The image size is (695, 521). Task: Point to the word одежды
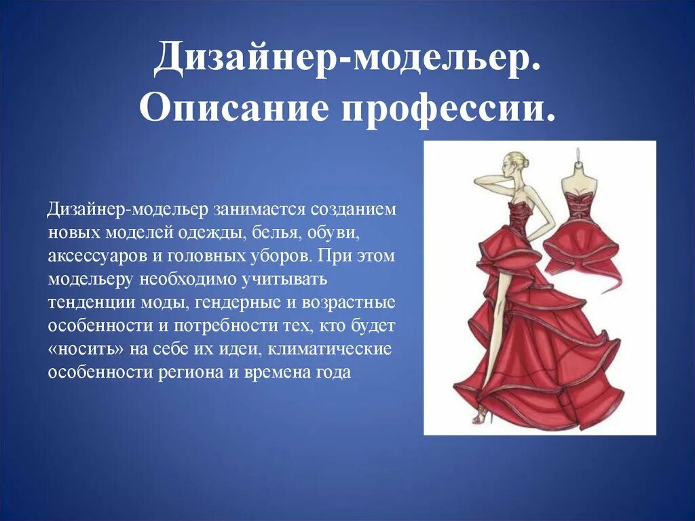[216, 233]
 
